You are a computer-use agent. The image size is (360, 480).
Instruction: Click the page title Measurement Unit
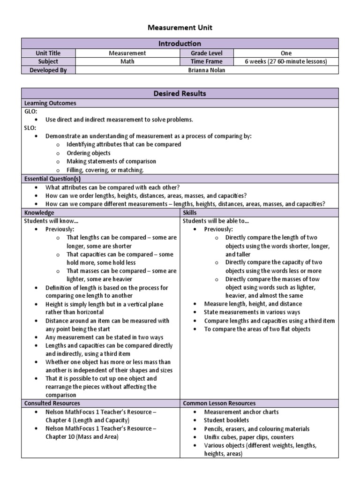[180, 28]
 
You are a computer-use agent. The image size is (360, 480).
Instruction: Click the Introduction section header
[180, 44]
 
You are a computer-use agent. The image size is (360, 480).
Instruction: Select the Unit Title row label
[48, 53]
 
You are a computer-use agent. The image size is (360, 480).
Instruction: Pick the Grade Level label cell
[207, 53]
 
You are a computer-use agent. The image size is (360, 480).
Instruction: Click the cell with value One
[286, 53]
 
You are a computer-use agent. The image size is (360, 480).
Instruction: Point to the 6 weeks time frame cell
[286, 61]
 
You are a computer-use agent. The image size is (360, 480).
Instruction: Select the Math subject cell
[127, 61]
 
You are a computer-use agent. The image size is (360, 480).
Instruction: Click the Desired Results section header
[180, 94]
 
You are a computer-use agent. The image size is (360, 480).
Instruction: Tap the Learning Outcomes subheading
[50, 103]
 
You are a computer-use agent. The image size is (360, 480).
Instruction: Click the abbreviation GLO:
[31, 112]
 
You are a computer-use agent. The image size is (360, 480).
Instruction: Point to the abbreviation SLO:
[30, 128]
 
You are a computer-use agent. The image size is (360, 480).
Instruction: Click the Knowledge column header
[39, 212]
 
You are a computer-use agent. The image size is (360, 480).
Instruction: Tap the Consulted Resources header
[52, 403]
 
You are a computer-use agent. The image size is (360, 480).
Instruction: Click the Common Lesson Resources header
[219, 403]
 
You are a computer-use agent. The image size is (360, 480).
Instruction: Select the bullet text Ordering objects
[89, 153]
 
